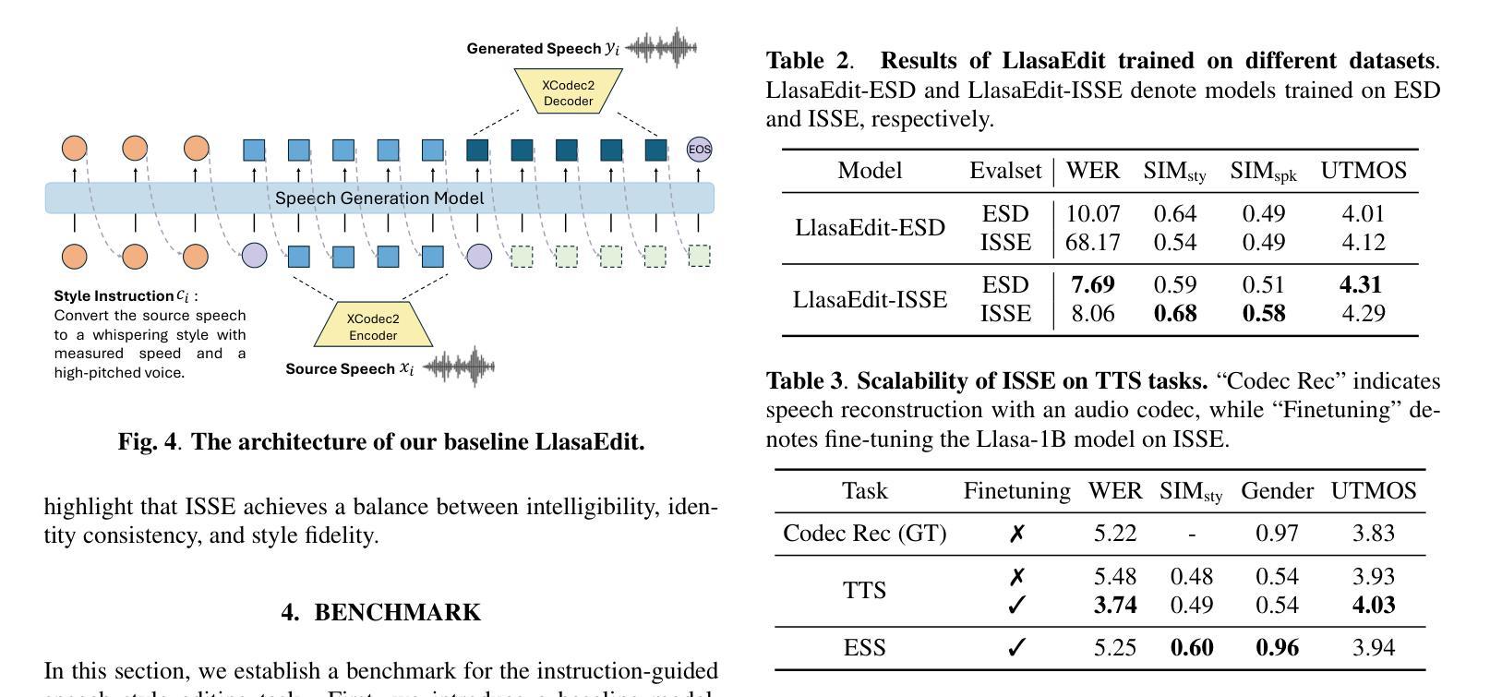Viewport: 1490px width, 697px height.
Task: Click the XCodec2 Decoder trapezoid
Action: [x=568, y=92]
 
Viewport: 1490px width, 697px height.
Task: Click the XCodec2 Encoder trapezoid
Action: [x=373, y=326]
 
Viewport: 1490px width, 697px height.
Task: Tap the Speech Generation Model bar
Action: [x=379, y=198]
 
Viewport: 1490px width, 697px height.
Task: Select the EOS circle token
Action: [x=700, y=150]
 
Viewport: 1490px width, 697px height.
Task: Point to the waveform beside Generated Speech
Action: [x=661, y=47]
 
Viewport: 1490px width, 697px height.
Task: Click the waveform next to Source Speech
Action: [x=459, y=367]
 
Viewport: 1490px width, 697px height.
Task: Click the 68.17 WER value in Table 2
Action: [x=1092, y=243]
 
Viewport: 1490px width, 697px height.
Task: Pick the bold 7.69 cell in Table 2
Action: [x=1092, y=285]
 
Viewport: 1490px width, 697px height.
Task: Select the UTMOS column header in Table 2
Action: [x=1363, y=171]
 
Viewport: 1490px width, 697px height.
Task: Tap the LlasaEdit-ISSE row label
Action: [x=870, y=300]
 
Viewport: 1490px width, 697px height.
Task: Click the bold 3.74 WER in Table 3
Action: [x=1114, y=606]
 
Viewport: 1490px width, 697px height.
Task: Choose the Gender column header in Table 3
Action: [x=1277, y=491]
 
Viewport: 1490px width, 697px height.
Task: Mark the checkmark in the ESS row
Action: [x=1016, y=648]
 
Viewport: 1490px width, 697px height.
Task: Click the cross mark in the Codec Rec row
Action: [x=1016, y=534]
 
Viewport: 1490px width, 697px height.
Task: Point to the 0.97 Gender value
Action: [x=1277, y=534]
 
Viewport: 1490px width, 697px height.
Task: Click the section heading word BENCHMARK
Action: [x=397, y=613]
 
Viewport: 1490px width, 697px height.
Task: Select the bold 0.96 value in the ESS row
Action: [x=1277, y=648]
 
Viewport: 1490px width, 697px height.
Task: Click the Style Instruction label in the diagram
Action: [x=114, y=296]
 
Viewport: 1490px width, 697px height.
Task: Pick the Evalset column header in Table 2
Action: [x=1004, y=171]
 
